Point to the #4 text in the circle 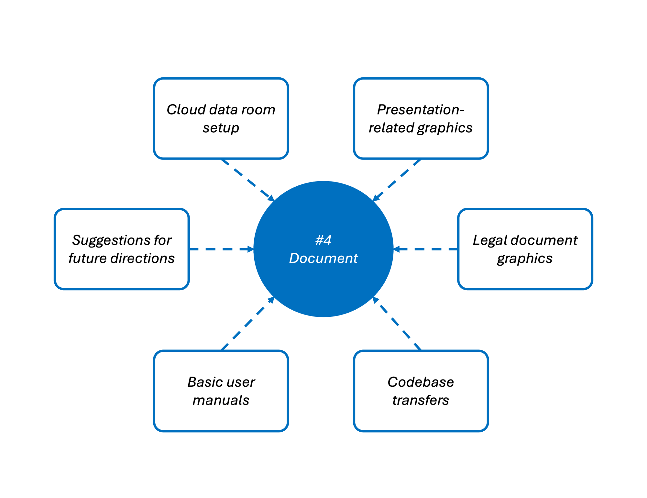coord(323,240)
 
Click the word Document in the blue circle coord(323,258)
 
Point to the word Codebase coord(421,382)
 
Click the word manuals coord(221,400)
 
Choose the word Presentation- coord(421,110)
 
